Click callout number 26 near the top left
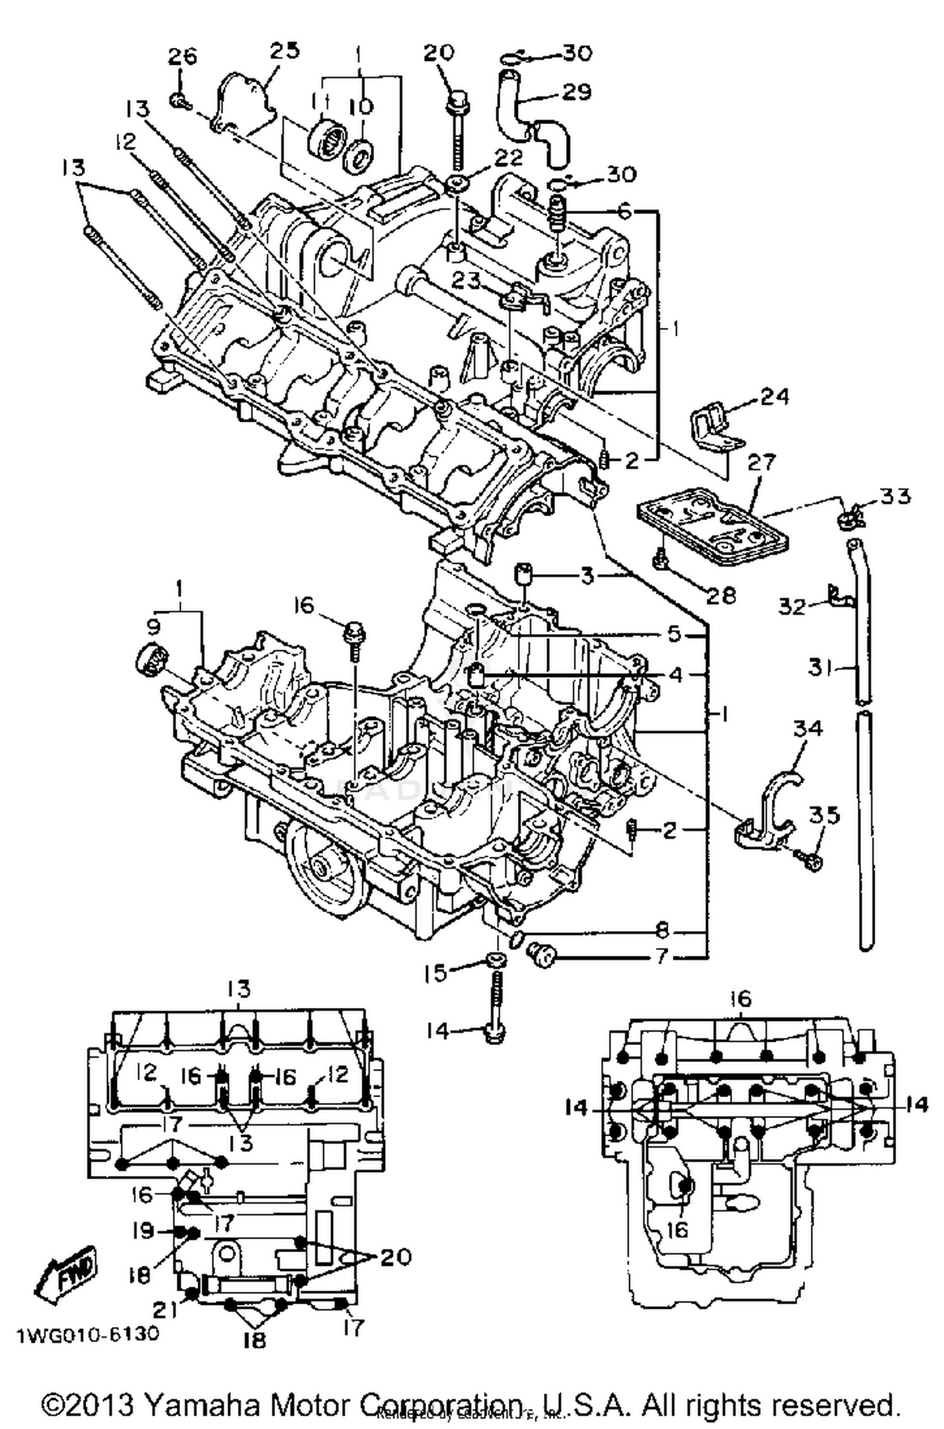click(x=182, y=57)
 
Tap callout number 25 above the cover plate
click(x=284, y=50)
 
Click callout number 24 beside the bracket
click(x=774, y=397)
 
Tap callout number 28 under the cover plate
click(x=721, y=595)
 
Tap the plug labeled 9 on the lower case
click(x=151, y=661)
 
